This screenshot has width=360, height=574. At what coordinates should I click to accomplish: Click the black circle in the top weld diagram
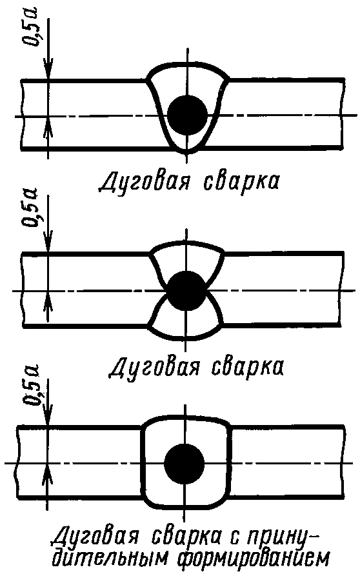187,114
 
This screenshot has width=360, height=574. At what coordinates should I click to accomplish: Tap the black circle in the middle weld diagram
187,291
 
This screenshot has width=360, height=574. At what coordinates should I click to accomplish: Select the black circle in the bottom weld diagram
184,464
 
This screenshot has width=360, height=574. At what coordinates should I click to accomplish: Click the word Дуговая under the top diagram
144,181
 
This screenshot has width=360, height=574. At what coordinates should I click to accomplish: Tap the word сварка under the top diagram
240,181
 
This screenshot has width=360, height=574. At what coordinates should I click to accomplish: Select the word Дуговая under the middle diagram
154,366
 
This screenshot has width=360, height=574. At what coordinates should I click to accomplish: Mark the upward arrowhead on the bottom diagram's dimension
48,475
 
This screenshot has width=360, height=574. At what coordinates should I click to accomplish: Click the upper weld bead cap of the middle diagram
187,243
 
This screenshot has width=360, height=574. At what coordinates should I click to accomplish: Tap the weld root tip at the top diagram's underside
186,153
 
